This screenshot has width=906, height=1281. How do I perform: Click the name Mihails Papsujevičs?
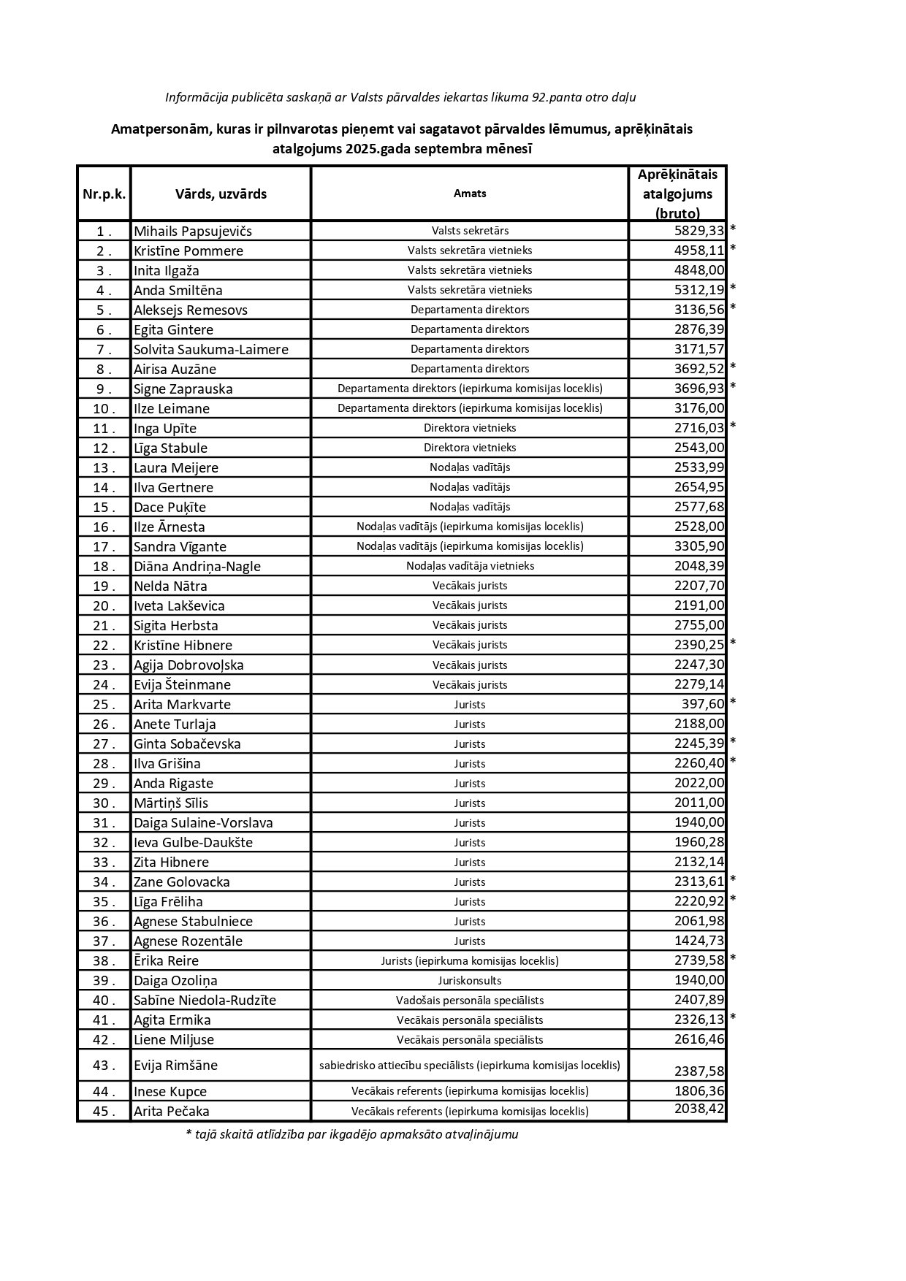pos(192,232)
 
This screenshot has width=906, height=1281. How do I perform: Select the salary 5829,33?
pos(698,231)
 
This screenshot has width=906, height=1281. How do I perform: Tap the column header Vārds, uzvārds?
pos(221,194)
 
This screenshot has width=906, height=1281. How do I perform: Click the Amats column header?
pos(470,194)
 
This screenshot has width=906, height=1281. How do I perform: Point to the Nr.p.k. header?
pos(104,194)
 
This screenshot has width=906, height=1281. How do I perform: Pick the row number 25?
pos(104,705)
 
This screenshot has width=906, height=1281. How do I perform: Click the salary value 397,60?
pos(702,704)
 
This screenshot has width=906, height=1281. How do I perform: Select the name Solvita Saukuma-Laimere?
pos(210,350)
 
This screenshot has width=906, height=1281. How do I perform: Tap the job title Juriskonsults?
pos(470,980)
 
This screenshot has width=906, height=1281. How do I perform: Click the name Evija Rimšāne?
pos(175,1066)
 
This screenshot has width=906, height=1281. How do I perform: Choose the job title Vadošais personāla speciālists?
pos(470,1000)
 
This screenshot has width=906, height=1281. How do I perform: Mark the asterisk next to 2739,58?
pos(733,959)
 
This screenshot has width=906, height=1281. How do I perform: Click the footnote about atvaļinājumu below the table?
pos(352,1134)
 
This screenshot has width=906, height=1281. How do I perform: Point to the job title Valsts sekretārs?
pos(470,231)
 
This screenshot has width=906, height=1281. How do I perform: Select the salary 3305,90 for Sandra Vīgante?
pos(698,546)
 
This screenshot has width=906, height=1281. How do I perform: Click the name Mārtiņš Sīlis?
pos(170,803)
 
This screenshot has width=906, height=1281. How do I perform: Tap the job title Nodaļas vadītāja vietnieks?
pos(470,566)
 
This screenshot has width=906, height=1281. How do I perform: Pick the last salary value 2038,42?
pos(698,1109)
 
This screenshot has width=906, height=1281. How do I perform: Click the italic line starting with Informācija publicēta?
pos(400,97)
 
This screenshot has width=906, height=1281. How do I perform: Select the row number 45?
pos(104,1112)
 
